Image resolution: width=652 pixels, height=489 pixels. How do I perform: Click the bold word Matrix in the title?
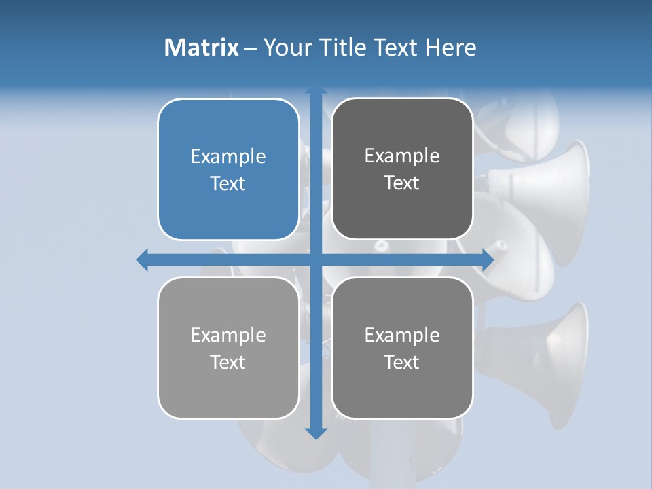point(202,48)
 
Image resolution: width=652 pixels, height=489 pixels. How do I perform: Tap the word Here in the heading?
point(451,48)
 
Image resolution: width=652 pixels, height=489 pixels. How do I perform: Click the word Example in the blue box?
point(228,157)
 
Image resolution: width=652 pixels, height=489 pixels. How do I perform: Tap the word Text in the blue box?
point(228,183)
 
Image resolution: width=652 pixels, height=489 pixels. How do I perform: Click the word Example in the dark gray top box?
point(402,156)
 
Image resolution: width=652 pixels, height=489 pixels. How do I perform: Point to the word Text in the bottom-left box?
point(228,362)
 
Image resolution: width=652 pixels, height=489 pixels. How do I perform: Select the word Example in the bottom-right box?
point(402,335)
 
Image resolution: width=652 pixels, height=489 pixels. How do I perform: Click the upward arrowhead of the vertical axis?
point(316,90)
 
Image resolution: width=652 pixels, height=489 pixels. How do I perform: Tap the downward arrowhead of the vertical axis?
point(316,433)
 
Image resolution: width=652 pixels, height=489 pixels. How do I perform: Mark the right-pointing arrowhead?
point(488,259)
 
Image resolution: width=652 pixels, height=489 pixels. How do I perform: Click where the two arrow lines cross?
point(316,259)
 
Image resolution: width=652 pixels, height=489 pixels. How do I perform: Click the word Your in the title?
point(285,48)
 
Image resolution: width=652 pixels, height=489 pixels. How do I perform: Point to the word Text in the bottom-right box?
point(402,362)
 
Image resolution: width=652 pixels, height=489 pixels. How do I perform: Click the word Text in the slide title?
point(395,48)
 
